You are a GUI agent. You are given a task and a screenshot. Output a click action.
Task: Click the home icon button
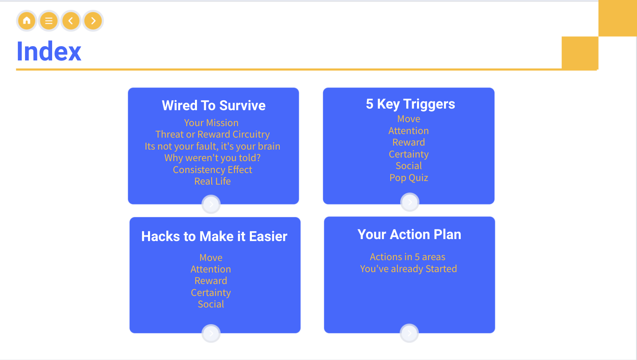coord(27,21)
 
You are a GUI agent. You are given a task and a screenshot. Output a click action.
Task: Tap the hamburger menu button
coord(49,21)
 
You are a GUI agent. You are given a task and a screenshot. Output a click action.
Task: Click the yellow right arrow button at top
coord(93,21)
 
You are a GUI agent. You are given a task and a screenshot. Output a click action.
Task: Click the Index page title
coord(49,51)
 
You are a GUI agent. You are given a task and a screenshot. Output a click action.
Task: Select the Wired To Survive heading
coord(214,105)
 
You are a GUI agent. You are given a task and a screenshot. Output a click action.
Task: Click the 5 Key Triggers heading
coord(410,104)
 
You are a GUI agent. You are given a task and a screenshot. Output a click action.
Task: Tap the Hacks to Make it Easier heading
coord(214,236)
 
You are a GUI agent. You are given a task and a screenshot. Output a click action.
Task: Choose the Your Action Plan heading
coord(409,235)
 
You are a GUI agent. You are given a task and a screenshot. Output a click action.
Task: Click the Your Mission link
coord(211,123)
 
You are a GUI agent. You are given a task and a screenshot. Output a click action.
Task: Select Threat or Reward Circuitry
coord(212,134)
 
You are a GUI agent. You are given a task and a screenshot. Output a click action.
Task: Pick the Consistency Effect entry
coord(212,170)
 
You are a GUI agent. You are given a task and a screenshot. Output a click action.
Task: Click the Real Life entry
coord(212,181)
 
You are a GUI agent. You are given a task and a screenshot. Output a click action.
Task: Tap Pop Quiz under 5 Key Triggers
coord(409,178)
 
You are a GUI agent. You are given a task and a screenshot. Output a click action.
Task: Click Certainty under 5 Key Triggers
coord(409,154)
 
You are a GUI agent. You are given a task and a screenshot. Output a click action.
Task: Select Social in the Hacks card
coord(211,304)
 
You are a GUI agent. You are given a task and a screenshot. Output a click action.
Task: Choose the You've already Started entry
coord(408,269)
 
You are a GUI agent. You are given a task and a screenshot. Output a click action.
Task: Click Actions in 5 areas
coord(407,257)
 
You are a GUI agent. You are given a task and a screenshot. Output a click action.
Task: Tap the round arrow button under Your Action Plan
coord(409,333)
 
